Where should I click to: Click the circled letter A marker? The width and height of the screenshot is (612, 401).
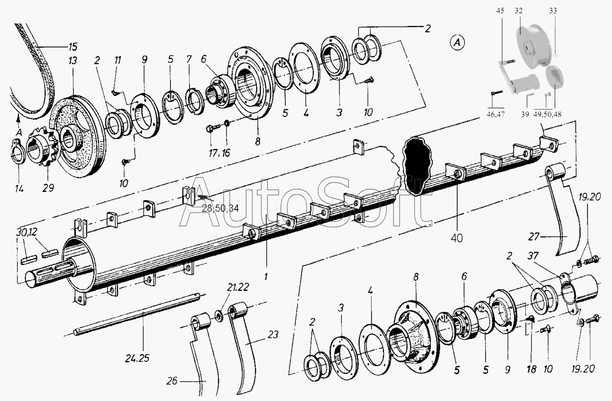[457, 43]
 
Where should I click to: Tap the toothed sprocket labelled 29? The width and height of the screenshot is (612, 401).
[43, 147]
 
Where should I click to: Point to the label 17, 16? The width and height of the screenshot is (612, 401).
[219, 153]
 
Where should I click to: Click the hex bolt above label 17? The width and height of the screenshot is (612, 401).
[213, 128]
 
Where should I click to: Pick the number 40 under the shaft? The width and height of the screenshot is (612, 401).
[457, 238]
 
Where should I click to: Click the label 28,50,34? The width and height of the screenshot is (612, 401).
[220, 209]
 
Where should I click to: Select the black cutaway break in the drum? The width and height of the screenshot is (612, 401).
[417, 165]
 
